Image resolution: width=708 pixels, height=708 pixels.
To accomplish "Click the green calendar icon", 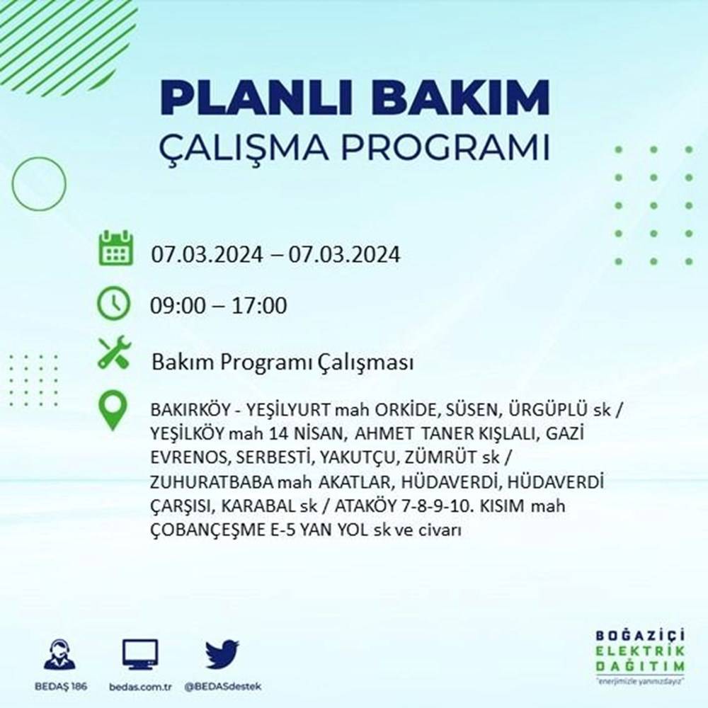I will click(x=115, y=248).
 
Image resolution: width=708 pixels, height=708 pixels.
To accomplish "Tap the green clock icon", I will click(x=113, y=304).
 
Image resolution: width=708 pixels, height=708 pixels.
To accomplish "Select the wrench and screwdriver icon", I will click(x=114, y=352).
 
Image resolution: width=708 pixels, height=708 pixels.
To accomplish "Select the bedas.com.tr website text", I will click(x=140, y=687).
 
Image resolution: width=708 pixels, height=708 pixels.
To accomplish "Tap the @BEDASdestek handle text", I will click(x=222, y=687).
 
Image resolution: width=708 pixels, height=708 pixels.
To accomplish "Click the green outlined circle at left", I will click(x=39, y=184).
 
